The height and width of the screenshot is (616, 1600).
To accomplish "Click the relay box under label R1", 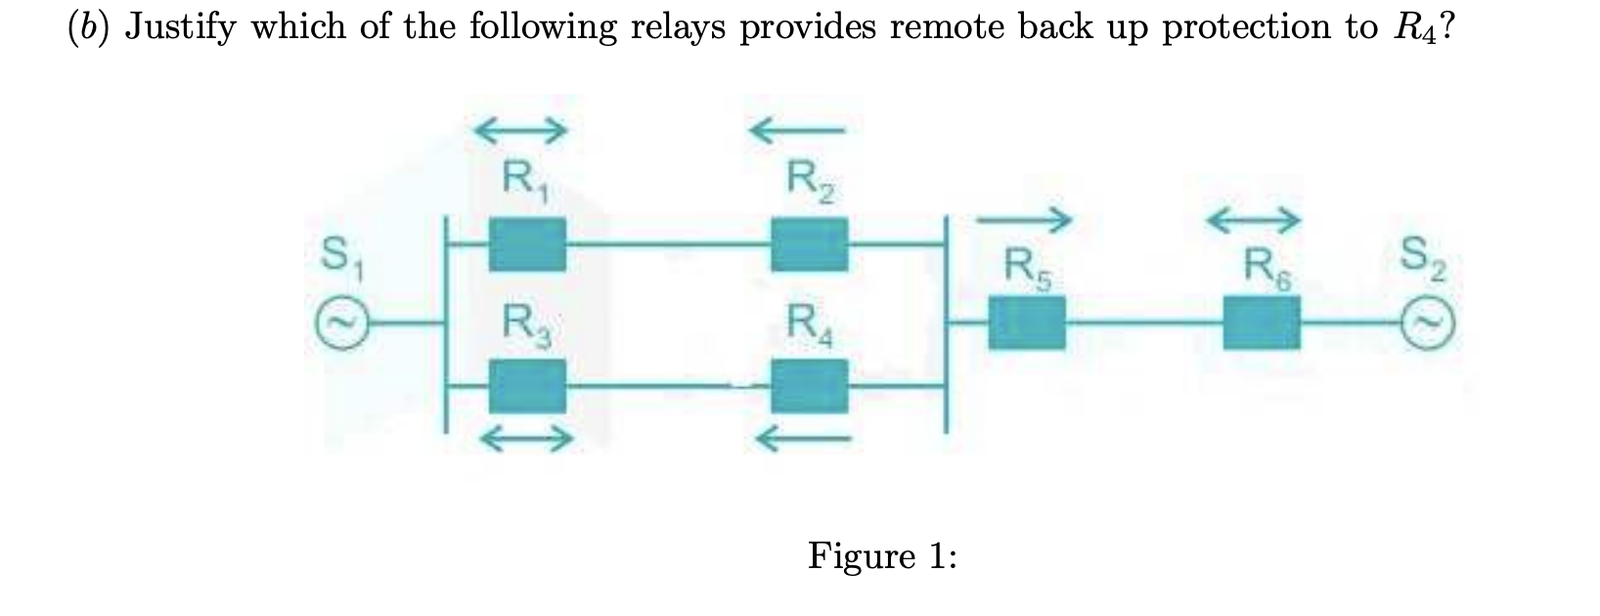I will pos(527,244).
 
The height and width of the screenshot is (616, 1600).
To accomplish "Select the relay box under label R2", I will pos(809,244).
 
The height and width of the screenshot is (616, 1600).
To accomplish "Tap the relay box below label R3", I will pos(527,385).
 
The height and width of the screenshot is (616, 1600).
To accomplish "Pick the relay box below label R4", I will pos(809,385).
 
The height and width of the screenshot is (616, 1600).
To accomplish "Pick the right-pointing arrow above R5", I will pos(1035,220).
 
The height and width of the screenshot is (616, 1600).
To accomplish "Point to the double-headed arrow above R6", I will pos(1266,221).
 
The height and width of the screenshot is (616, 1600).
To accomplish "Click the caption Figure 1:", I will pos(882,556).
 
